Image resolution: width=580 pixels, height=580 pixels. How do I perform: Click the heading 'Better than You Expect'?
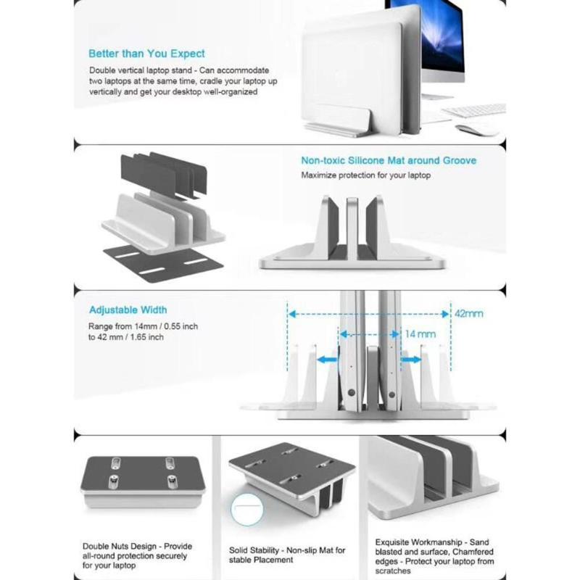[146, 54]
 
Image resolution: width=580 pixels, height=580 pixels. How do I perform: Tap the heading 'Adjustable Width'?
[128, 310]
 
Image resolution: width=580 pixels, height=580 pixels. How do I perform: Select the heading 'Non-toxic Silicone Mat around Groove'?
[389, 160]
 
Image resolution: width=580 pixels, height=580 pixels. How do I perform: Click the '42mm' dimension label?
[468, 314]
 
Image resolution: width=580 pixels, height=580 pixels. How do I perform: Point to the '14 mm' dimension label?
[420, 334]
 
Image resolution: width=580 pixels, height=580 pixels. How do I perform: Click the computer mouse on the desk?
[477, 129]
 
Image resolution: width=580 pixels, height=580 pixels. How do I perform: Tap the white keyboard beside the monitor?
[474, 109]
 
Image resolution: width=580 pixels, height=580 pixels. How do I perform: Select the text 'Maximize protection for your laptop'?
[366, 175]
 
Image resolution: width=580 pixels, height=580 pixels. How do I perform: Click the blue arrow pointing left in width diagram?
[328, 359]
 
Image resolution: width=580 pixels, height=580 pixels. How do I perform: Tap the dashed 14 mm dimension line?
[370, 334]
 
